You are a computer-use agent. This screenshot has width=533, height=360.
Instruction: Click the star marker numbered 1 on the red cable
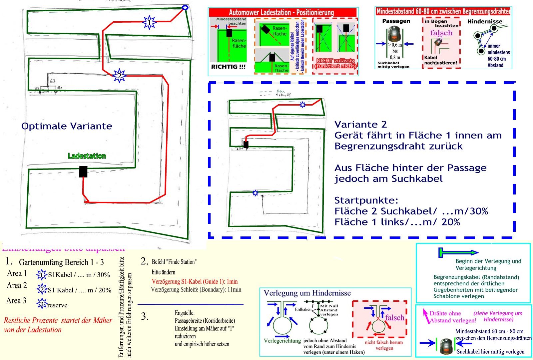point(149,22)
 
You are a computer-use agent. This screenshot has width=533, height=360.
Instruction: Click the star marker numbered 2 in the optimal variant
point(119,76)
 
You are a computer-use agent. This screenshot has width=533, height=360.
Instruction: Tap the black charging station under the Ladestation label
point(83,172)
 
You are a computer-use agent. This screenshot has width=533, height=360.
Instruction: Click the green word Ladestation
point(87,156)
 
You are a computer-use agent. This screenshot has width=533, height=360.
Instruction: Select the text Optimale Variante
point(67,126)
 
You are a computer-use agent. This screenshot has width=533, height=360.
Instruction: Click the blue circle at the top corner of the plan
point(185,7)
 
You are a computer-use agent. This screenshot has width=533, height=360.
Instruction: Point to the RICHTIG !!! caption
point(228,67)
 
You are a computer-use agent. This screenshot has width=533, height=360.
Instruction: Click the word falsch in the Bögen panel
point(441,33)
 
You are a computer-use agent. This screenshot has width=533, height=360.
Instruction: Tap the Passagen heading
point(396,21)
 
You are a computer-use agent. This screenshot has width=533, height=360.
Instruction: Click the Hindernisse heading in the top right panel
point(484,22)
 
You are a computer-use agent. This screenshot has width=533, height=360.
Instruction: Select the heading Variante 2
point(360,125)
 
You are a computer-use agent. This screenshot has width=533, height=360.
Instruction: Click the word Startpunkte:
point(366,200)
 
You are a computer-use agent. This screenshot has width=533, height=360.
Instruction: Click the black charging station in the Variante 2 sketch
point(246,145)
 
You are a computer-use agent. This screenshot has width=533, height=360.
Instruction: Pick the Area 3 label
point(16,301)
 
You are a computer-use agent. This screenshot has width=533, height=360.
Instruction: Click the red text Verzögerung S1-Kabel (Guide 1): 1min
point(195,281)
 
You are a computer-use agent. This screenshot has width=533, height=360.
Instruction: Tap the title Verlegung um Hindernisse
point(307,293)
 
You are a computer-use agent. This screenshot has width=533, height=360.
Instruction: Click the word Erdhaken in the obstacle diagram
point(303,309)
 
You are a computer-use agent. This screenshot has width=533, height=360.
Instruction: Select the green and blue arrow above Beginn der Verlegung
point(458,253)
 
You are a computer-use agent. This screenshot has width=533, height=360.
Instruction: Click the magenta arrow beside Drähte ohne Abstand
point(425,316)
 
